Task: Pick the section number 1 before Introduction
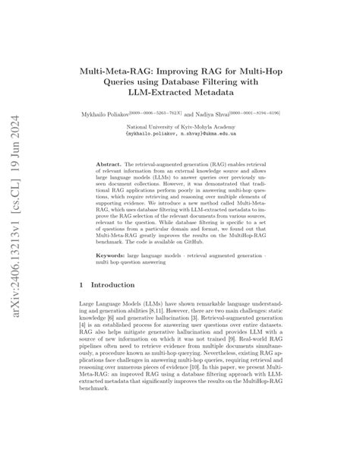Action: click(x=81, y=286)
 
